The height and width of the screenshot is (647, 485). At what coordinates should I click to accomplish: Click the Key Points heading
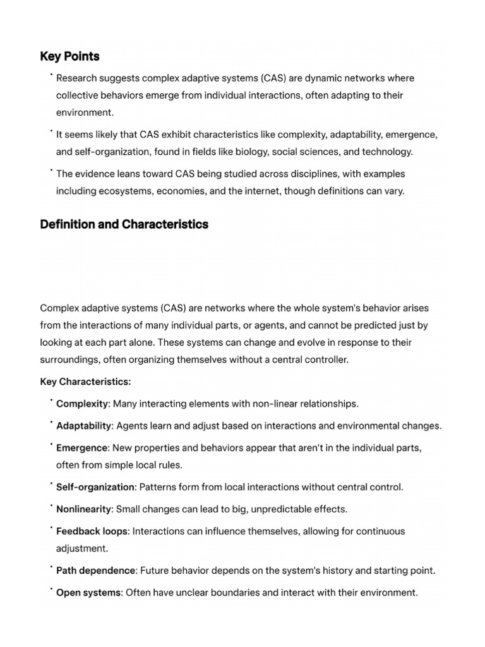click(x=69, y=56)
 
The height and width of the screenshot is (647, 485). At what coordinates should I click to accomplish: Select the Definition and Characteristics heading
click(x=124, y=224)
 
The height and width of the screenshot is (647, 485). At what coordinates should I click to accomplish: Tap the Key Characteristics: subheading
click(x=85, y=382)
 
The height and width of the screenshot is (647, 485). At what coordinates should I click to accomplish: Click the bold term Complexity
click(x=83, y=403)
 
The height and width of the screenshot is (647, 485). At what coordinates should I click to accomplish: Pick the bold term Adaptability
click(x=84, y=426)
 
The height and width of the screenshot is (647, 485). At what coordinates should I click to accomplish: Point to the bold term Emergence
click(x=81, y=448)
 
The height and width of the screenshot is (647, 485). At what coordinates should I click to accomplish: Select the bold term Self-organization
click(x=95, y=487)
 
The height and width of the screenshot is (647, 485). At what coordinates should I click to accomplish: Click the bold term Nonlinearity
click(x=83, y=509)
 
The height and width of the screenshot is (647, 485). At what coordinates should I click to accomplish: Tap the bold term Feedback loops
click(x=92, y=531)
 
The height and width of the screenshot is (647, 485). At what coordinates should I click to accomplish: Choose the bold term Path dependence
click(x=95, y=571)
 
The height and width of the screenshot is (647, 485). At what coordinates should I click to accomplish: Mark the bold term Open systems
click(x=88, y=593)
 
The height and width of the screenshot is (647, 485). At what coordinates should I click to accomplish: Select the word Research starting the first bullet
click(x=77, y=78)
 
